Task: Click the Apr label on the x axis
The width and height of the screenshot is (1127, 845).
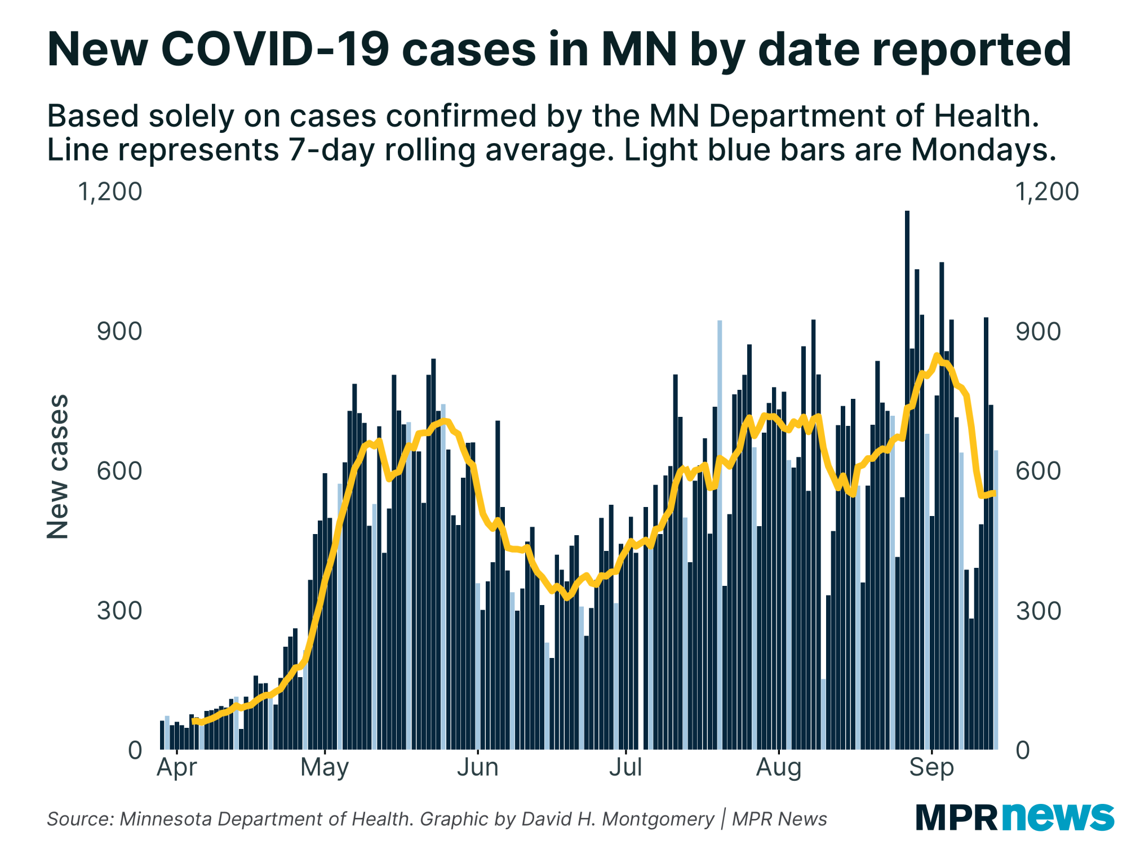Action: [176, 767]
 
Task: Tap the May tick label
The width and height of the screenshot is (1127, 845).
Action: [325, 767]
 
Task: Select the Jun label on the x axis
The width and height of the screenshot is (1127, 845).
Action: [477, 767]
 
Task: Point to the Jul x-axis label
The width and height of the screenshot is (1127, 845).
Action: [625, 767]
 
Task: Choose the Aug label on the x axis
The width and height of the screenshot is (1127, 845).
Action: [778, 767]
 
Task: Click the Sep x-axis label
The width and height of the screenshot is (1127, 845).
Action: [931, 767]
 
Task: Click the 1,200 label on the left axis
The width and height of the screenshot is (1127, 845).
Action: [110, 192]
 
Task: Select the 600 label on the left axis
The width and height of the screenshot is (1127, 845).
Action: [119, 470]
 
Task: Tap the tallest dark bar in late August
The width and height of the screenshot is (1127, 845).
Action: [907, 479]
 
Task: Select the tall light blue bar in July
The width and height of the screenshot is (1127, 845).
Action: [720, 535]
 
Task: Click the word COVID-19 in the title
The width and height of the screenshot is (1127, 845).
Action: [275, 50]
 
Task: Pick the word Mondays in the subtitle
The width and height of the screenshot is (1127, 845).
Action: [983, 150]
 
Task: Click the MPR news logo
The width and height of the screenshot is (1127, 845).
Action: [1014, 817]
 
